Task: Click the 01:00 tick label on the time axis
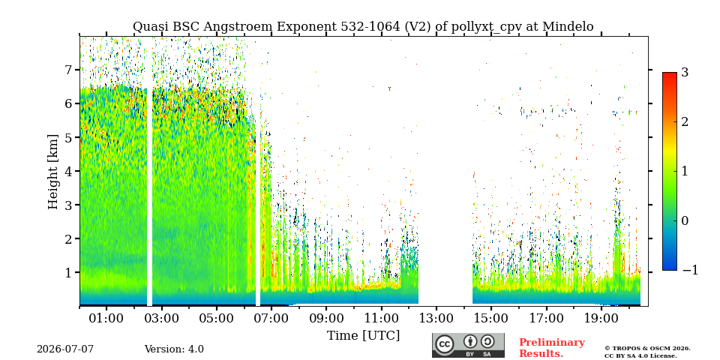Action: coord(106,318)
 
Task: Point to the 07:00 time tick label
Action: coord(271,318)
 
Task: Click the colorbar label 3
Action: coord(685,72)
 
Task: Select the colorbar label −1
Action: coord(690,270)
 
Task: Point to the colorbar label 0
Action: coord(685,220)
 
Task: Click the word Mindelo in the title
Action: coord(568,27)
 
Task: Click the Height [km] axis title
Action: coord(53,172)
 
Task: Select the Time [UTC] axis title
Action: coord(363,336)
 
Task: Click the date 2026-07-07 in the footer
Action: coord(65,349)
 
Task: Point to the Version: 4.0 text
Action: coord(174,349)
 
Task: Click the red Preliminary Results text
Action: coord(552,348)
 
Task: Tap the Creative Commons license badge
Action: coord(468,345)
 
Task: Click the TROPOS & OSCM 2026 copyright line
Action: coord(647,349)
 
